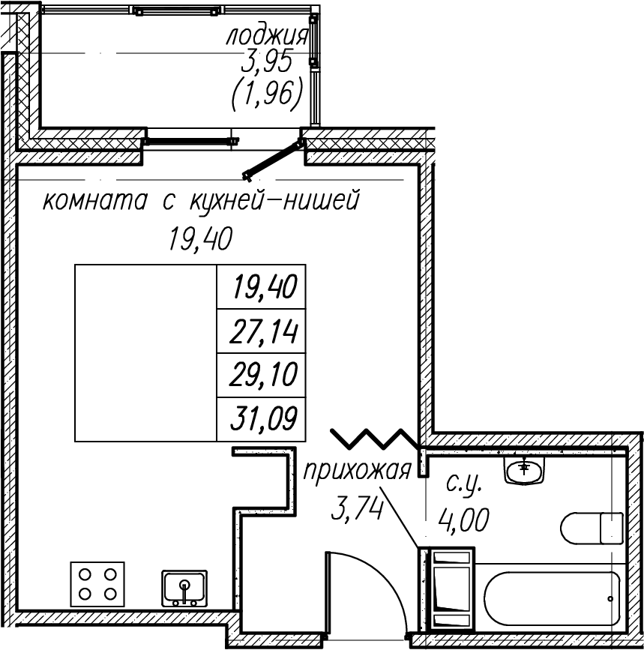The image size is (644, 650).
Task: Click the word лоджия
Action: click(x=267, y=36)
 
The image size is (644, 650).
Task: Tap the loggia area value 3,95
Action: click(x=267, y=64)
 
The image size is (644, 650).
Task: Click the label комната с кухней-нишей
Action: click(x=201, y=202)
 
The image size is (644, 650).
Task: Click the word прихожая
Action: click(x=358, y=472)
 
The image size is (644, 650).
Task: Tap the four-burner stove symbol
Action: click(x=98, y=584)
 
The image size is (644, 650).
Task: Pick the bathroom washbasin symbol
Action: click(x=525, y=471)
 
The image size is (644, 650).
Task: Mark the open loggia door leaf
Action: click(x=273, y=158)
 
